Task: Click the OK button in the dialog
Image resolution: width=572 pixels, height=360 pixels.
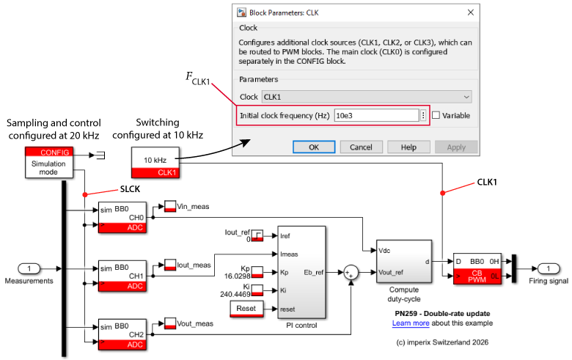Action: coord(313,147)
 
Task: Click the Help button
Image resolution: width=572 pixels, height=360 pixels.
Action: coord(408,147)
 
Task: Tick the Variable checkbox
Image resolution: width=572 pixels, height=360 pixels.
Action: coord(436,116)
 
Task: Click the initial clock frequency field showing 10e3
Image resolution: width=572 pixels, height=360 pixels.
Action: coord(375,116)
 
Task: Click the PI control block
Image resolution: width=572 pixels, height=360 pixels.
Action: coord(300,273)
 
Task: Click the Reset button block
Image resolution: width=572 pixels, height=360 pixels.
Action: coord(246,309)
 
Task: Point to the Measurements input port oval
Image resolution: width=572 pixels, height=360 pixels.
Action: coord(29,268)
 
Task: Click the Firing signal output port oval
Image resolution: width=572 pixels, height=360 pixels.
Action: coord(547,268)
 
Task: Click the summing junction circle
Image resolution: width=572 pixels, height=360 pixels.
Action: coord(351,273)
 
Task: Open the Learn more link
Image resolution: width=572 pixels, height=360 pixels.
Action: coord(411,323)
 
